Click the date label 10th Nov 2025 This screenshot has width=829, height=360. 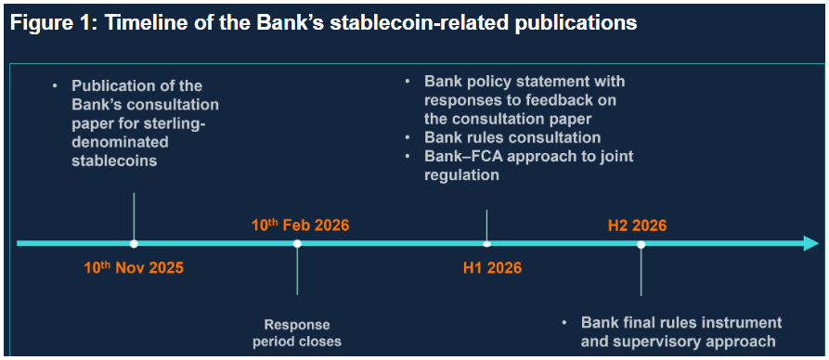tap(134, 267)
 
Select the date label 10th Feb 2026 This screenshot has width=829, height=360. tap(300, 225)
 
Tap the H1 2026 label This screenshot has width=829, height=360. tap(492, 267)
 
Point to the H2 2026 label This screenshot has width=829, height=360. tap(637, 225)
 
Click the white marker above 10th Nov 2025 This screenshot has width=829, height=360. tap(134, 244)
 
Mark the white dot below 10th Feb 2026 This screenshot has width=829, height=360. tap(297, 244)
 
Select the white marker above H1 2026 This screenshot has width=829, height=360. tap(487, 244)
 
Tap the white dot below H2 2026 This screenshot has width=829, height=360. tap(641, 244)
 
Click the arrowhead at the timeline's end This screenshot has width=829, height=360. tap(811, 244)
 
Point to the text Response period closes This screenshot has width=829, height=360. tap(296, 332)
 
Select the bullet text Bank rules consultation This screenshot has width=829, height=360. tap(512, 137)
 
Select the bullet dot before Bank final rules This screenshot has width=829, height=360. tap(564, 322)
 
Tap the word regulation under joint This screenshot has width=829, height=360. tap(461, 175)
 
